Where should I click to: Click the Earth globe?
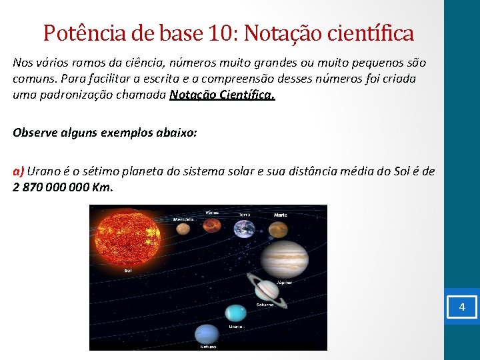244,229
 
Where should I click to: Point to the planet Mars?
278,230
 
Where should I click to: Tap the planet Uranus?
236,313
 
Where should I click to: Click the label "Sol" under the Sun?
127,271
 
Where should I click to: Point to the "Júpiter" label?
284,282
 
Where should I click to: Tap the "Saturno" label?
265,305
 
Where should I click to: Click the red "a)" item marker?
19,171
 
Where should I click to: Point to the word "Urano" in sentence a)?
43,171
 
